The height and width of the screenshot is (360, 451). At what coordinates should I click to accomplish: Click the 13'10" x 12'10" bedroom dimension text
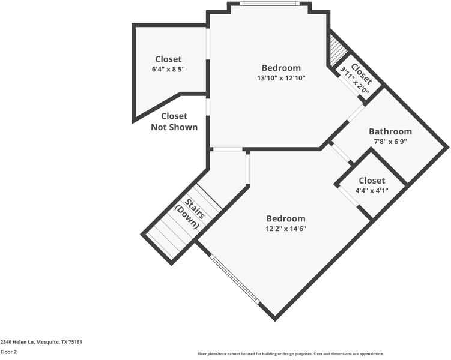click(281, 78)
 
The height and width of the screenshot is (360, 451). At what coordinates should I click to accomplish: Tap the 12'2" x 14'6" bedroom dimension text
click(286, 229)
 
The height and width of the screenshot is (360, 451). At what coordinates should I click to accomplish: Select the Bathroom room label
click(390, 131)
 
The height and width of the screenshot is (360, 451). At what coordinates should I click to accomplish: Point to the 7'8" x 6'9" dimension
click(390, 142)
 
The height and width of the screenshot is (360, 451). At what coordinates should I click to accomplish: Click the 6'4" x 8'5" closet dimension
click(168, 69)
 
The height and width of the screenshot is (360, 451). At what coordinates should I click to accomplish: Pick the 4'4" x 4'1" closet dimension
click(372, 191)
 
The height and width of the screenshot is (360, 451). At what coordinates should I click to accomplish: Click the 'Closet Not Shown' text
click(174, 121)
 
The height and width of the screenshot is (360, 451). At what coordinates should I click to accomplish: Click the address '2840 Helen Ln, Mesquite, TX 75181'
click(41, 341)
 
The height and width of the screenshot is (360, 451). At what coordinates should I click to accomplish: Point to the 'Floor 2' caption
click(8, 352)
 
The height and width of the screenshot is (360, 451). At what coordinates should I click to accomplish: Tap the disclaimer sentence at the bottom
click(290, 353)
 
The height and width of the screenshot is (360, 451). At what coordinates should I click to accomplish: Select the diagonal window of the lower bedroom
click(235, 279)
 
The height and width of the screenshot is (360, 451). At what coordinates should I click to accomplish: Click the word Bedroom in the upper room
click(281, 68)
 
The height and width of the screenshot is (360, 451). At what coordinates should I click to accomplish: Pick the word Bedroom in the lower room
click(286, 218)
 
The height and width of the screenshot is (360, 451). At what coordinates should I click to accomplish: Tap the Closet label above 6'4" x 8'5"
click(168, 59)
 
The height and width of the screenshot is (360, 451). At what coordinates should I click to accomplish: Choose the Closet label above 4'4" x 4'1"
click(372, 181)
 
